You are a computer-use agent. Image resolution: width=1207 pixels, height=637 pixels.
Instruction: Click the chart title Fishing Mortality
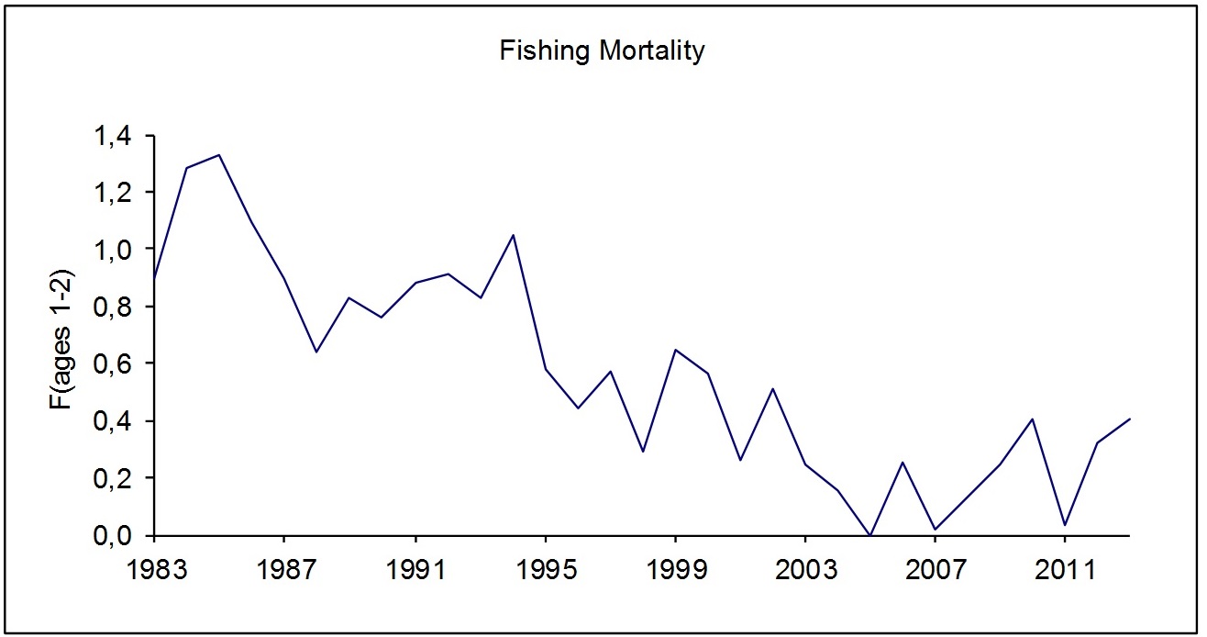point(602,51)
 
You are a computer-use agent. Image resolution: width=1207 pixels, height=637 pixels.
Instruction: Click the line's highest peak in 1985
point(219,155)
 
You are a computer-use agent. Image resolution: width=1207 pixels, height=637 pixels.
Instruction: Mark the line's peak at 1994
point(513,235)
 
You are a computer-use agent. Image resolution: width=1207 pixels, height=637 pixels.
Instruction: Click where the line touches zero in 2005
point(870,535)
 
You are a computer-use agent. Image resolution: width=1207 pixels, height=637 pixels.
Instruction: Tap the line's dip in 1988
point(316,352)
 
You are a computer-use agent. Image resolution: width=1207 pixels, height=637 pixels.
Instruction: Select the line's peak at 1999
point(675,350)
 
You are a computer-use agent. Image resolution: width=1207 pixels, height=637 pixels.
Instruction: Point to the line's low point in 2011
point(1065,525)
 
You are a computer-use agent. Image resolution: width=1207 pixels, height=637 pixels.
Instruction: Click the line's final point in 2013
point(1130,419)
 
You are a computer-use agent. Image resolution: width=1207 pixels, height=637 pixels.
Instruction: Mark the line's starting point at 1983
point(155,279)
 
